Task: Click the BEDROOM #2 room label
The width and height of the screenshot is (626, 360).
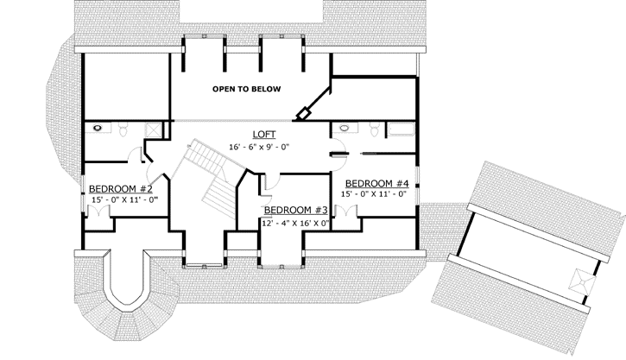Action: coord(121,188)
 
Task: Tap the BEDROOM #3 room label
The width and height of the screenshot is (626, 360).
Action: coord(295,210)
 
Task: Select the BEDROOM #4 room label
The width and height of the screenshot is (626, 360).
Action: coord(376,183)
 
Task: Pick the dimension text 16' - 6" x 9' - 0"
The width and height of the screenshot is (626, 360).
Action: coord(259,147)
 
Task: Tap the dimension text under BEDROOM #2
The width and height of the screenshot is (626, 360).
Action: coord(124,200)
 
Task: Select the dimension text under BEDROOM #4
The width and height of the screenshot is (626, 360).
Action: coord(375,194)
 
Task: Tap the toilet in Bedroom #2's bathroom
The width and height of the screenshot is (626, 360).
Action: coord(125,129)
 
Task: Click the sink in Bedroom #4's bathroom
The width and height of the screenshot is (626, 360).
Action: coord(345,129)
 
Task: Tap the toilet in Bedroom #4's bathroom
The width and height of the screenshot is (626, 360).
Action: coord(374,129)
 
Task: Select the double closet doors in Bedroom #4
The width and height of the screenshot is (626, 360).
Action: coord(349,212)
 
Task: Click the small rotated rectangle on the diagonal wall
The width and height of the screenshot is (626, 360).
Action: coord(304,114)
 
